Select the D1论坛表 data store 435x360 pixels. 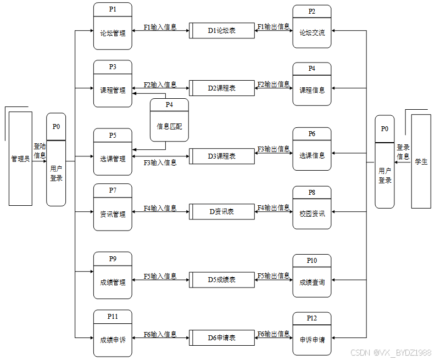(x=222, y=31)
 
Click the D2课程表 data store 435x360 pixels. (x=222, y=88)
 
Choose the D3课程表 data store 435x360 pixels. (x=222, y=156)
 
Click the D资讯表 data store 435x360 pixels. (x=222, y=211)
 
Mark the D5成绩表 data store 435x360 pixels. (x=222, y=280)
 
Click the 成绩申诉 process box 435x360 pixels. (x=113, y=340)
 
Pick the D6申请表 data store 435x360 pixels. (x=222, y=338)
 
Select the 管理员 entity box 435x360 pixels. (x=20, y=159)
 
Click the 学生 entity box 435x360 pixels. (x=421, y=161)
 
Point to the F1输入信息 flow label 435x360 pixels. (x=160, y=27)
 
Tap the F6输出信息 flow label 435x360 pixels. (x=274, y=334)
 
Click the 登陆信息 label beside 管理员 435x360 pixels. (x=40, y=151)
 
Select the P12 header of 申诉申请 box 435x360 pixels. (x=311, y=318)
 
